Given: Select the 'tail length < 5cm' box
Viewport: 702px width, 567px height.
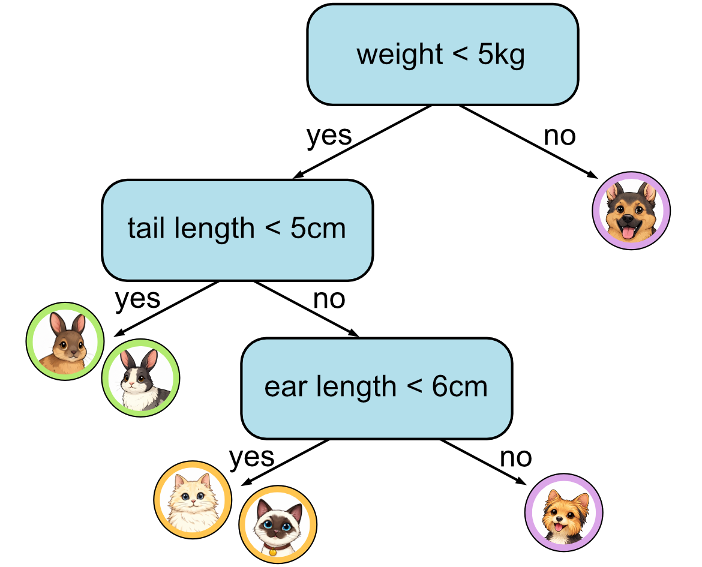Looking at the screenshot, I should coord(237,229).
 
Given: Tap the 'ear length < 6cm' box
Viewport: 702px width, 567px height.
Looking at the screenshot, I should coord(376,388).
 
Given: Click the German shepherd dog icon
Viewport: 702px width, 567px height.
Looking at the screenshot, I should coord(631,211).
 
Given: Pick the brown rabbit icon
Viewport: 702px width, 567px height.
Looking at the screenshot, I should coord(65,341).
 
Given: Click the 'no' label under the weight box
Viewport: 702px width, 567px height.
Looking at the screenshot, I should coord(559,136).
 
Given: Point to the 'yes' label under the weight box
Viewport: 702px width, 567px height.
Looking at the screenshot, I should coord(329,136).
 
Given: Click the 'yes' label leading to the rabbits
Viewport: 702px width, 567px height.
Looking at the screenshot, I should coord(137,298).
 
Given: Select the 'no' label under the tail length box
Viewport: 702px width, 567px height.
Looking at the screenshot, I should coord(329,299).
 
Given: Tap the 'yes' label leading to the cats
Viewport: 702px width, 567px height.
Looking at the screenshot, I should coord(251,457).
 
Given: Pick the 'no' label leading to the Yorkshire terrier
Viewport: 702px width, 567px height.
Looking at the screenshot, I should coord(515,458).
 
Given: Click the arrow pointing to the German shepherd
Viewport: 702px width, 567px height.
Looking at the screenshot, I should coord(528,142).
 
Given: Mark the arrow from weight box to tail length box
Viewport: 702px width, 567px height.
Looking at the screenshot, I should coord(362,142).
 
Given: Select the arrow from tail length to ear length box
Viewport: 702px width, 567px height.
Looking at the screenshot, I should coord(306,309).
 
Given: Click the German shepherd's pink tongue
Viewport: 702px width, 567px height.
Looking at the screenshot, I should coord(628,233).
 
